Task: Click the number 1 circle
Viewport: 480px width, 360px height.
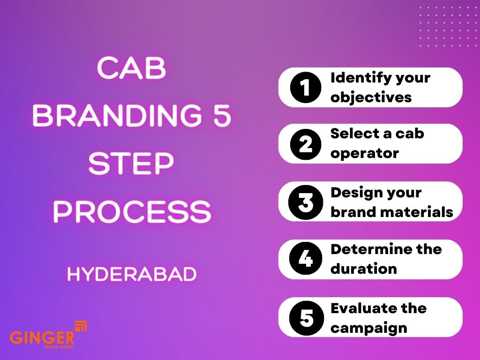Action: tap(306, 87)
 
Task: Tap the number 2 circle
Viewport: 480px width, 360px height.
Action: tap(306, 144)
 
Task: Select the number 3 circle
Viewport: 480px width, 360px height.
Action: tap(306, 202)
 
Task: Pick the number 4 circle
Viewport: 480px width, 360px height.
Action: tap(306, 259)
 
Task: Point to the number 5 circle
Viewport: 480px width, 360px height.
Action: tap(306, 317)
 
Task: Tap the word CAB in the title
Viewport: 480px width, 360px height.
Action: tap(131, 69)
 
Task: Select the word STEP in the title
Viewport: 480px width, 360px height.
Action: tap(131, 164)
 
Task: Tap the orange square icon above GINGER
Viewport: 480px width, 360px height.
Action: tap(81, 326)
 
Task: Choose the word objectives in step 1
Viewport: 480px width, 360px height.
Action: tap(371, 97)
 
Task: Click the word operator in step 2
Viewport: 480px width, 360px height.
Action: tap(365, 153)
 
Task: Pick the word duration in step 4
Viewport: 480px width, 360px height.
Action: tap(364, 269)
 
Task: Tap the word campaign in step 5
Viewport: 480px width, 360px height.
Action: tap(368, 327)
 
